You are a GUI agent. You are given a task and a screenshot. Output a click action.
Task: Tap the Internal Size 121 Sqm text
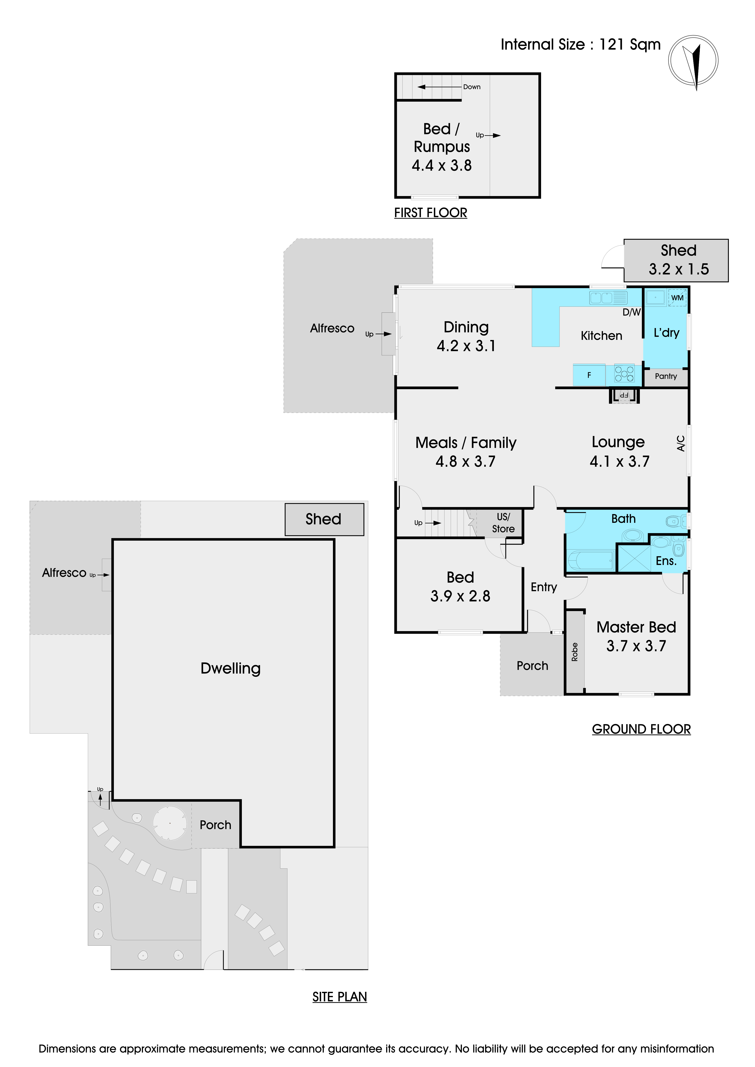pos(581,45)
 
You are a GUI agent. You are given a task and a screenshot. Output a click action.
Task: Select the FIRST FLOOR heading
pos(431,213)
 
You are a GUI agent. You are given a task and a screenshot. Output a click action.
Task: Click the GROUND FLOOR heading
pos(641,729)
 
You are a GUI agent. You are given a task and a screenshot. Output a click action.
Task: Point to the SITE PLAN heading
pos(339,997)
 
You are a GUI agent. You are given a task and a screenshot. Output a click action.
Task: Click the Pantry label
pos(666,376)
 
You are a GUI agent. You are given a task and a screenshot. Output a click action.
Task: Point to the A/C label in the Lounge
pos(681,443)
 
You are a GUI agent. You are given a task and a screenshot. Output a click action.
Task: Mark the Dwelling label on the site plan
pos(231,668)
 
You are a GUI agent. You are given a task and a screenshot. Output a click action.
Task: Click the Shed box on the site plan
pos(324,519)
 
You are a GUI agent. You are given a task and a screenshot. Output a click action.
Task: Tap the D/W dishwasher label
pos(631,312)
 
